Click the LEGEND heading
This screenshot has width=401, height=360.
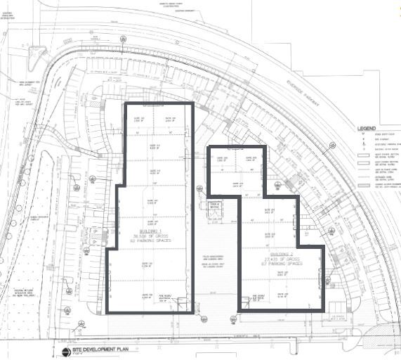tap(367, 129)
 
